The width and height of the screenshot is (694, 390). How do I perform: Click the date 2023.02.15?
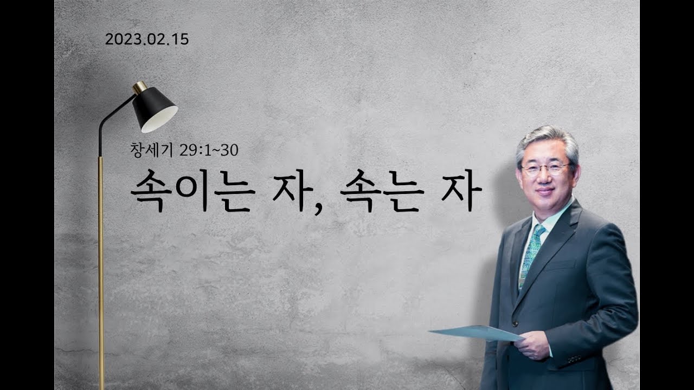coord(147,40)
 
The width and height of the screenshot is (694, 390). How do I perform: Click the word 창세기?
coord(151,150)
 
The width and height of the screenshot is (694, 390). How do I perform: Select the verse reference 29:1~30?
coord(209,151)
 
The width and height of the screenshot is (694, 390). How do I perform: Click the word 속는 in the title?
coord(382,191)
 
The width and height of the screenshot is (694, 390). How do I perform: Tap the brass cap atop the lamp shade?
coord(140,88)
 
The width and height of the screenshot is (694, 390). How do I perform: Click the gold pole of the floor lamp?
coord(101,272)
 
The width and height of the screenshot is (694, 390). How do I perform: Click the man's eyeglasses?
coord(547,169)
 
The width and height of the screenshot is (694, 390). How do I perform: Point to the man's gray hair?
coord(548,142)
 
